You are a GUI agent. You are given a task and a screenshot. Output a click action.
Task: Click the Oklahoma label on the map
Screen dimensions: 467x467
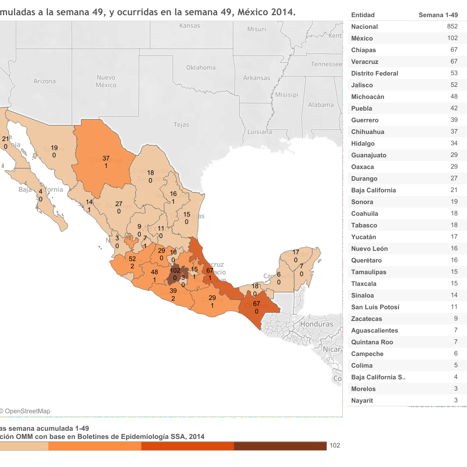pos(200,67)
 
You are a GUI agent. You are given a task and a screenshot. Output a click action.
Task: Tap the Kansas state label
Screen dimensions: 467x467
pos(190,26)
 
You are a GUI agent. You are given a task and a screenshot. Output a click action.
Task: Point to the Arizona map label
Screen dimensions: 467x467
pos(44,81)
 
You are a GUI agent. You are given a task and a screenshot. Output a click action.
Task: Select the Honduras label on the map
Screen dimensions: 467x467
pos(316,324)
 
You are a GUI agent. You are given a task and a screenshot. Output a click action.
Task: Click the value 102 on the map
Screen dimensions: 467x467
pos(175,270)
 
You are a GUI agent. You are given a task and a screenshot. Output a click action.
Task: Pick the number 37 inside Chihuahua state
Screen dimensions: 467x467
pos(106,158)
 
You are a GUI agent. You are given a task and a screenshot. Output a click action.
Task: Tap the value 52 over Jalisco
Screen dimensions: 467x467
pos(132,259)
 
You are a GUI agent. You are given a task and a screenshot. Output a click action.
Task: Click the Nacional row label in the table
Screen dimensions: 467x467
pos(364,26)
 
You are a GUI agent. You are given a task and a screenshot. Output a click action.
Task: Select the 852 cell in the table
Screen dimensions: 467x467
pos(452,26)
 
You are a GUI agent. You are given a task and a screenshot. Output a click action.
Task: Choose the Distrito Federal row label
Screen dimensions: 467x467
pos(374,73)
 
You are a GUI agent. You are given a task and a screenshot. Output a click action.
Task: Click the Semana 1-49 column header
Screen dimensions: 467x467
pos(438,15)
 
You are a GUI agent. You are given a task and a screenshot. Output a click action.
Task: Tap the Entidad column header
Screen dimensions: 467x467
pos(363,15)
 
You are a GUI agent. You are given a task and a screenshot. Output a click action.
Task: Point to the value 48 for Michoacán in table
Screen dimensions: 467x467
pos(454,96)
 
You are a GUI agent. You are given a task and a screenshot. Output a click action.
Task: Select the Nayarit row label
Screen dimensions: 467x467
pos(362,400)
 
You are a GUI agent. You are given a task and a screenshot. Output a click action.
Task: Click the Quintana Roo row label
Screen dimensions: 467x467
pos(372,342)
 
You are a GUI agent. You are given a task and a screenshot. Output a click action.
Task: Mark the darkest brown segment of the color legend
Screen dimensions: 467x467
pos(280,446)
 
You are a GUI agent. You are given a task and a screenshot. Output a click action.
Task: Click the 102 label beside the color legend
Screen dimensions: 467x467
pos(335,446)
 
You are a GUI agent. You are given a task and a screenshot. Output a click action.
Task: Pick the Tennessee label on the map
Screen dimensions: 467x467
pos(326,64)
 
